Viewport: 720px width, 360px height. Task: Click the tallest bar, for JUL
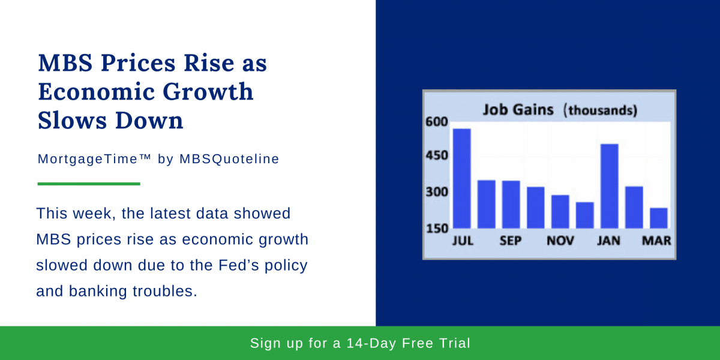pyautogui.click(x=461, y=178)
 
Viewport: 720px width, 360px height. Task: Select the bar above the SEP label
pyautogui.click(x=511, y=204)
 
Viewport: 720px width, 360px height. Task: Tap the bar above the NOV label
pyautogui.click(x=560, y=211)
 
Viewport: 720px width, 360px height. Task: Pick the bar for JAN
pyautogui.click(x=609, y=186)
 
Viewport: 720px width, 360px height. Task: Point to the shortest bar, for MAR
pyautogui.click(x=658, y=218)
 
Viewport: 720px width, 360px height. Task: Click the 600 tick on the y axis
pyautogui.click(x=436, y=122)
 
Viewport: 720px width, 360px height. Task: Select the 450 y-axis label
pyautogui.click(x=436, y=156)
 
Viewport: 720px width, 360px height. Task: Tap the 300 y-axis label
pyautogui.click(x=436, y=193)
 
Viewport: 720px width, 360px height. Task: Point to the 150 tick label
pyautogui.click(x=436, y=229)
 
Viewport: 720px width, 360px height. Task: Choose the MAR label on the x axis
pyautogui.click(x=656, y=241)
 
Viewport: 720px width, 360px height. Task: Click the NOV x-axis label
pyautogui.click(x=560, y=241)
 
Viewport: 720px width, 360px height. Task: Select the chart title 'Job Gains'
pyautogui.click(x=519, y=110)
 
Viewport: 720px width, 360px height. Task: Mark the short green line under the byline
pyautogui.click(x=89, y=184)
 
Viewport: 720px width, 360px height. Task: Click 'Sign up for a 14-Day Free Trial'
pyautogui.click(x=360, y=343)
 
